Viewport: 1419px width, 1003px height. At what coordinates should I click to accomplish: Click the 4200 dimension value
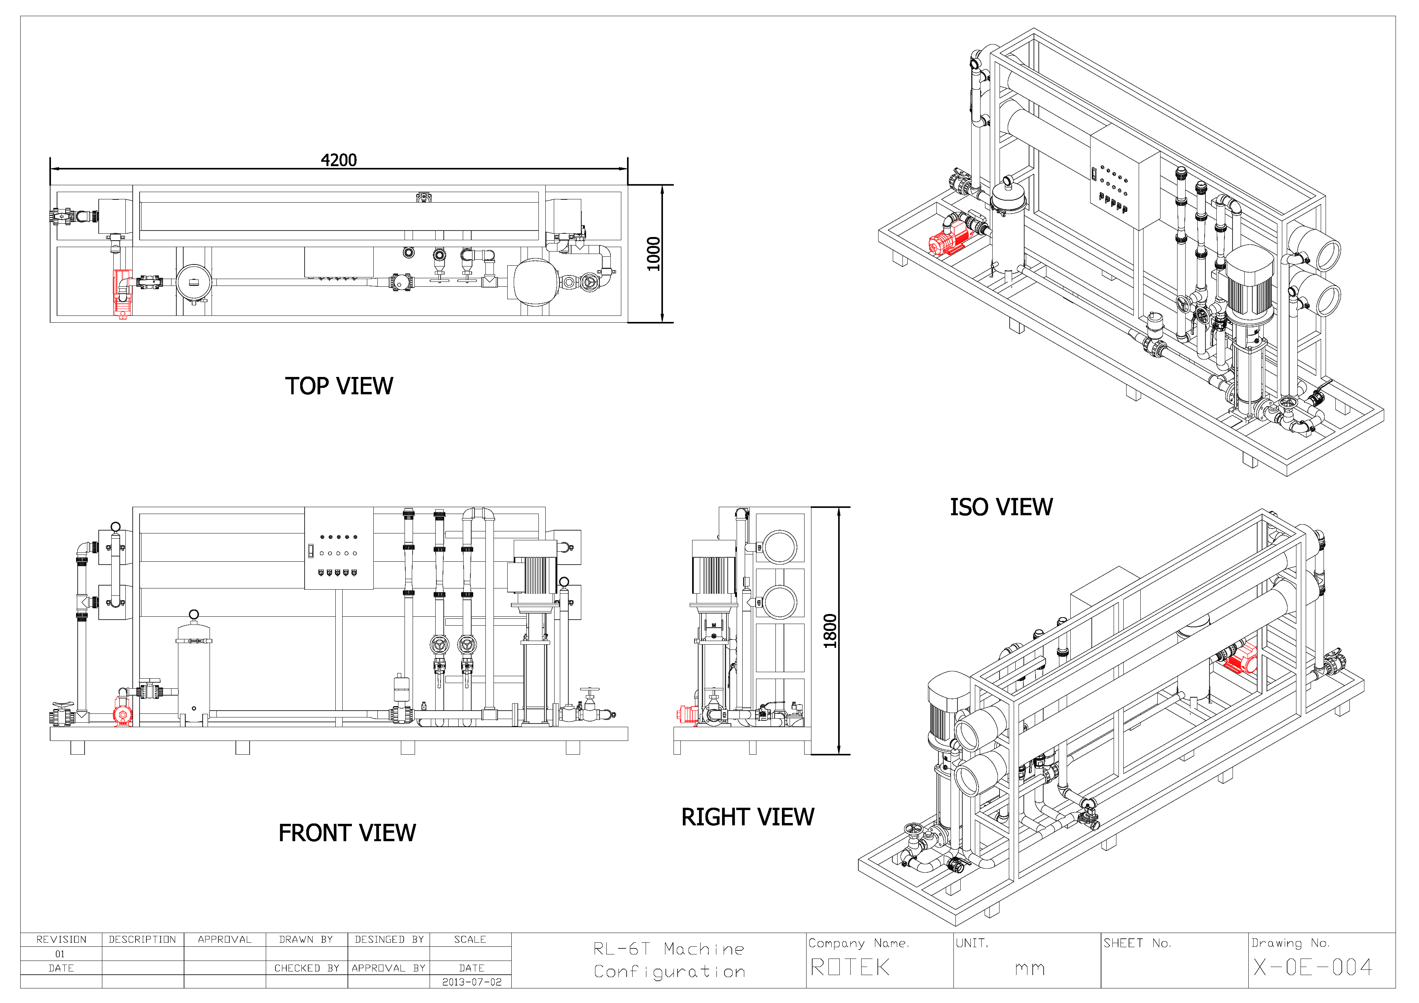click(x=339, y=160)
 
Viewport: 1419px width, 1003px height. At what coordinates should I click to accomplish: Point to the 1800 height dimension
click(x=830, y=631)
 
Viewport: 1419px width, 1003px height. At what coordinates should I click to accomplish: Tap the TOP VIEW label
click(x=339, y=386)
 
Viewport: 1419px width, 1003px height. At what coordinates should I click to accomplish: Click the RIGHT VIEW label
click(x=748, y=817)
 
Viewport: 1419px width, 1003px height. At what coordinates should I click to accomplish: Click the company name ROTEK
click(x=850, y=967)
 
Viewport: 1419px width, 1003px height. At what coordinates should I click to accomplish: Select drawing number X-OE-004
click(x=1313, y=967)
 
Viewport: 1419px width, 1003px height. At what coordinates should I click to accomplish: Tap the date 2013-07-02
click(x=472, y=982)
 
